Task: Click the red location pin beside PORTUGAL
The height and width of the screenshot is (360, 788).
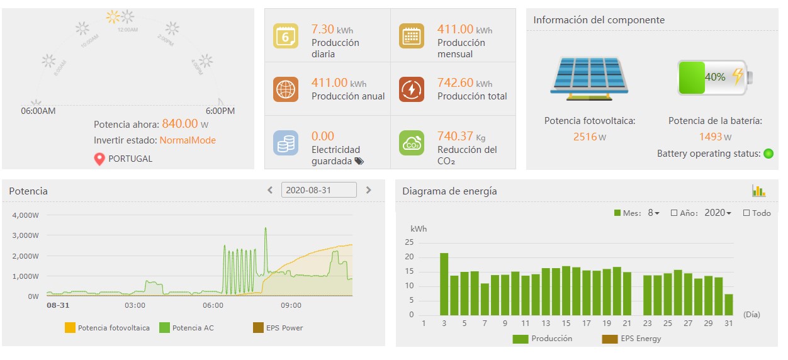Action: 99,159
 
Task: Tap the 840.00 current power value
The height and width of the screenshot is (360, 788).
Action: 180,124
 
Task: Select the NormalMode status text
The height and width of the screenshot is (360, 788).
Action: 188,140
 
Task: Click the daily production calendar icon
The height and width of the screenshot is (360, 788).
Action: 286,36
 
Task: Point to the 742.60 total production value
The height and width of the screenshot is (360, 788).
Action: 456,82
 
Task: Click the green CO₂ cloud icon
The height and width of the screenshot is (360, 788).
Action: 412,142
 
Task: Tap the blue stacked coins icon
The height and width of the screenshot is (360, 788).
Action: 286,142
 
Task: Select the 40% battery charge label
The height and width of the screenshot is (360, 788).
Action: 715,77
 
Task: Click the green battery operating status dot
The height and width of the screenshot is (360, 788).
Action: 768,154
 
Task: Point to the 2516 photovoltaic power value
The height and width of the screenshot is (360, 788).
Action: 585,137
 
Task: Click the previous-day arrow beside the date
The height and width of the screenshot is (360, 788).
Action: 270,190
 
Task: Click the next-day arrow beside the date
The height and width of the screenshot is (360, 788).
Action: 369,190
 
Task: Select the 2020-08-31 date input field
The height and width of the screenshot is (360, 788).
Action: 318,190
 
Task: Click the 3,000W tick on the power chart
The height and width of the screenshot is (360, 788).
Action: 25,235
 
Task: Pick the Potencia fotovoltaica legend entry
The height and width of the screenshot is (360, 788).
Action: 108,328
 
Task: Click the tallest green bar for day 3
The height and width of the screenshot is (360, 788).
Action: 444,284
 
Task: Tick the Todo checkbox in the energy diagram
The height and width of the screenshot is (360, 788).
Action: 746,213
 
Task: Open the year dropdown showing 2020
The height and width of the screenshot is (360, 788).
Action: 718,213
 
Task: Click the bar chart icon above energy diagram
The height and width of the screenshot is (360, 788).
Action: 758,191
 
